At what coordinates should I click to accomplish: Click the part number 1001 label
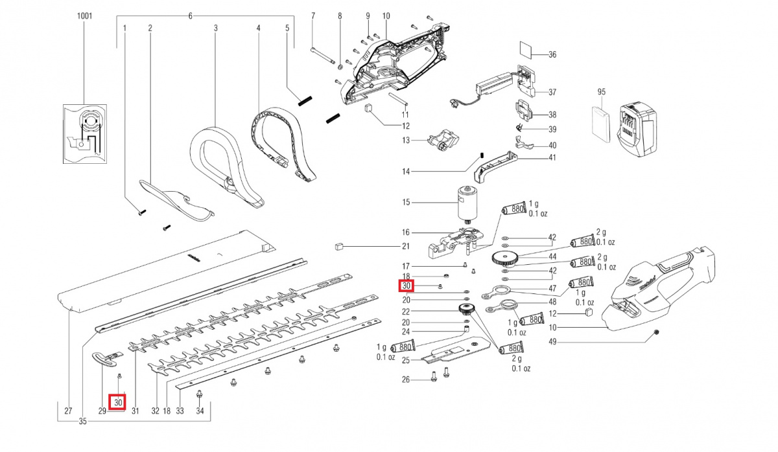[x=84, y=16]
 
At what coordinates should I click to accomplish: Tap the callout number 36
[x=552, y=55]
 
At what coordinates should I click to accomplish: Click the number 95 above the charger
[x=600, y=92]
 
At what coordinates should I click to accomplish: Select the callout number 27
[x=68, y=411]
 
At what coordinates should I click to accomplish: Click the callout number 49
[x=552, y=341]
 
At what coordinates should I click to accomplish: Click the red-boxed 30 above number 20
[x=407, y=286]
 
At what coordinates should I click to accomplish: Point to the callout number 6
[x=191, y=16]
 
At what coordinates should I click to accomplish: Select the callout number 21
[x=406, y=246]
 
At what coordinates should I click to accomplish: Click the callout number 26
[x=406, y=379]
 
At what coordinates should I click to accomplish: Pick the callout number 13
[x=406, y=140]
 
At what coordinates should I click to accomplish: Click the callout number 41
[x=552, y=157]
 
